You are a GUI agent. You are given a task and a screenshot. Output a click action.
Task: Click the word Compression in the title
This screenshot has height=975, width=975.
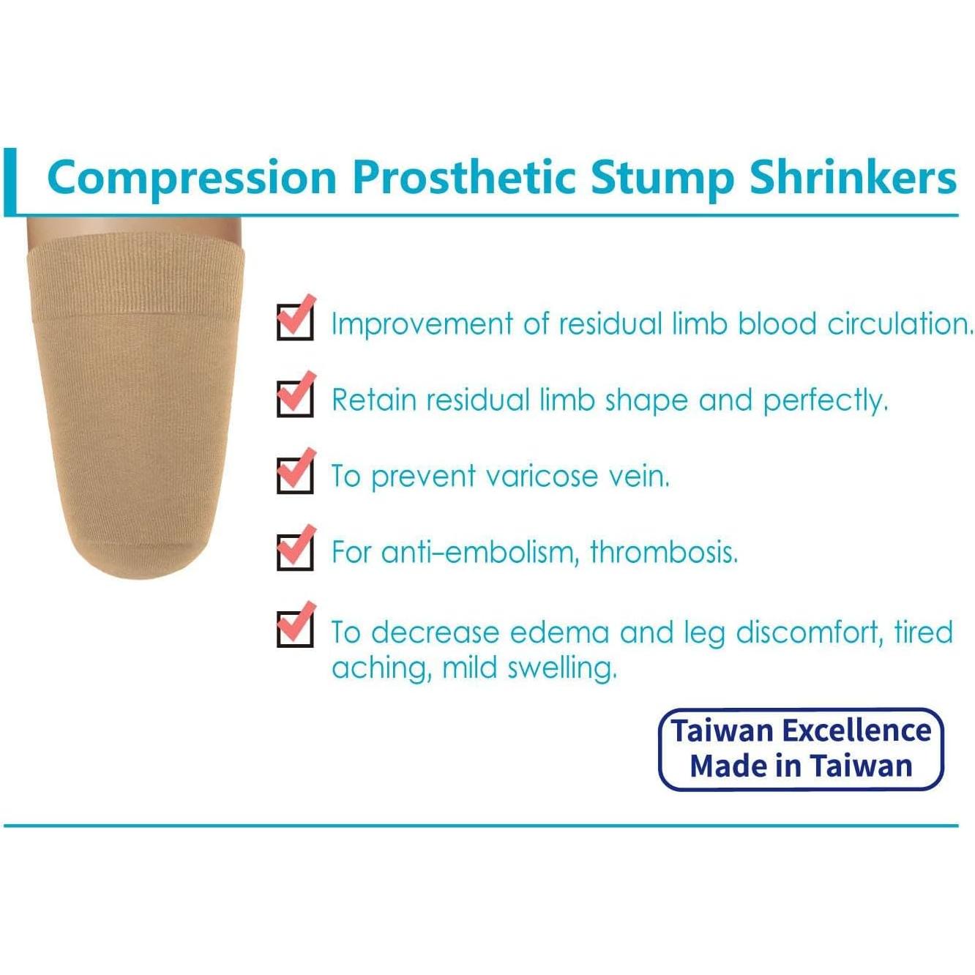click(x=192, y=178)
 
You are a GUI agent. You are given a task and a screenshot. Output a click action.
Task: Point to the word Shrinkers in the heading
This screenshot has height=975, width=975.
click(x=853, y=178)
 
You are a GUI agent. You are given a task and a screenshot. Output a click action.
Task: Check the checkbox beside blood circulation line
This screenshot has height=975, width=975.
click(x=295, y=321)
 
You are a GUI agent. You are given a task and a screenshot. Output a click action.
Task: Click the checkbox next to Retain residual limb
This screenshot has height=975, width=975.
click(x=295, y=398)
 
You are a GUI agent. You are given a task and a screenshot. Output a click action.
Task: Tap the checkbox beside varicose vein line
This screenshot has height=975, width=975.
click(x=295, y=475)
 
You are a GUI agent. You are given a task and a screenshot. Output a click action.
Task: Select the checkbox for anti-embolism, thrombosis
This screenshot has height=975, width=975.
click(x=295, y=551)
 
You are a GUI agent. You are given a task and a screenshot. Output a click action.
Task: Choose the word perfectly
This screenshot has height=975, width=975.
click(x=825, y=401)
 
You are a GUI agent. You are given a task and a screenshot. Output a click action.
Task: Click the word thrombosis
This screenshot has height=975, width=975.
click(x=664, y=552)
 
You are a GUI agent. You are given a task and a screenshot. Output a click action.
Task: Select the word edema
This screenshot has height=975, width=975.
click(x=559, y=632)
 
